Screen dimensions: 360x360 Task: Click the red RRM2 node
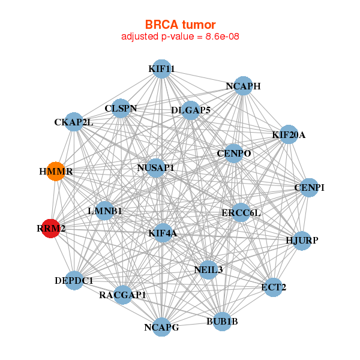(50, 229)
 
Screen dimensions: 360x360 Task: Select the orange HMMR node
(56, 172)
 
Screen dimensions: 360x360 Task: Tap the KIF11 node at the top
(161, 69)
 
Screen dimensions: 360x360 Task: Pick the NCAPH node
(243, 86)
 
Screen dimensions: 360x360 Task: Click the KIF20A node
(284, 134)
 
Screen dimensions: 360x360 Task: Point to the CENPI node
(309, 188)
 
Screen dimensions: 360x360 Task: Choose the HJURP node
(302, 241)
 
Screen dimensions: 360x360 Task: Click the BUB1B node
(222, 322)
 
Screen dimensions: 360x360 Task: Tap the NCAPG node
(161, 327)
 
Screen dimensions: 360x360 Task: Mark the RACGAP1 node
(123, 295)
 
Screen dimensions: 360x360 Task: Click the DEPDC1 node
(74, 280)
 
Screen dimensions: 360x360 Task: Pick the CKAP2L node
(74, 122)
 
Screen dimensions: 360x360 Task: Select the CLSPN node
(121, 109)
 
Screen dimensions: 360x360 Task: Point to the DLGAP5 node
(190, 110)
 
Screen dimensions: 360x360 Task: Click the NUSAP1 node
(155, 168)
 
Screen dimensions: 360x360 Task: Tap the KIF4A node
(163, 232)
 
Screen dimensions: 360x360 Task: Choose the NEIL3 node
(208, 269)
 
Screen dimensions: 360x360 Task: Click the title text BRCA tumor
(180, 25)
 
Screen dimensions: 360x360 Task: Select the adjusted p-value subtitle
(180, 37)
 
